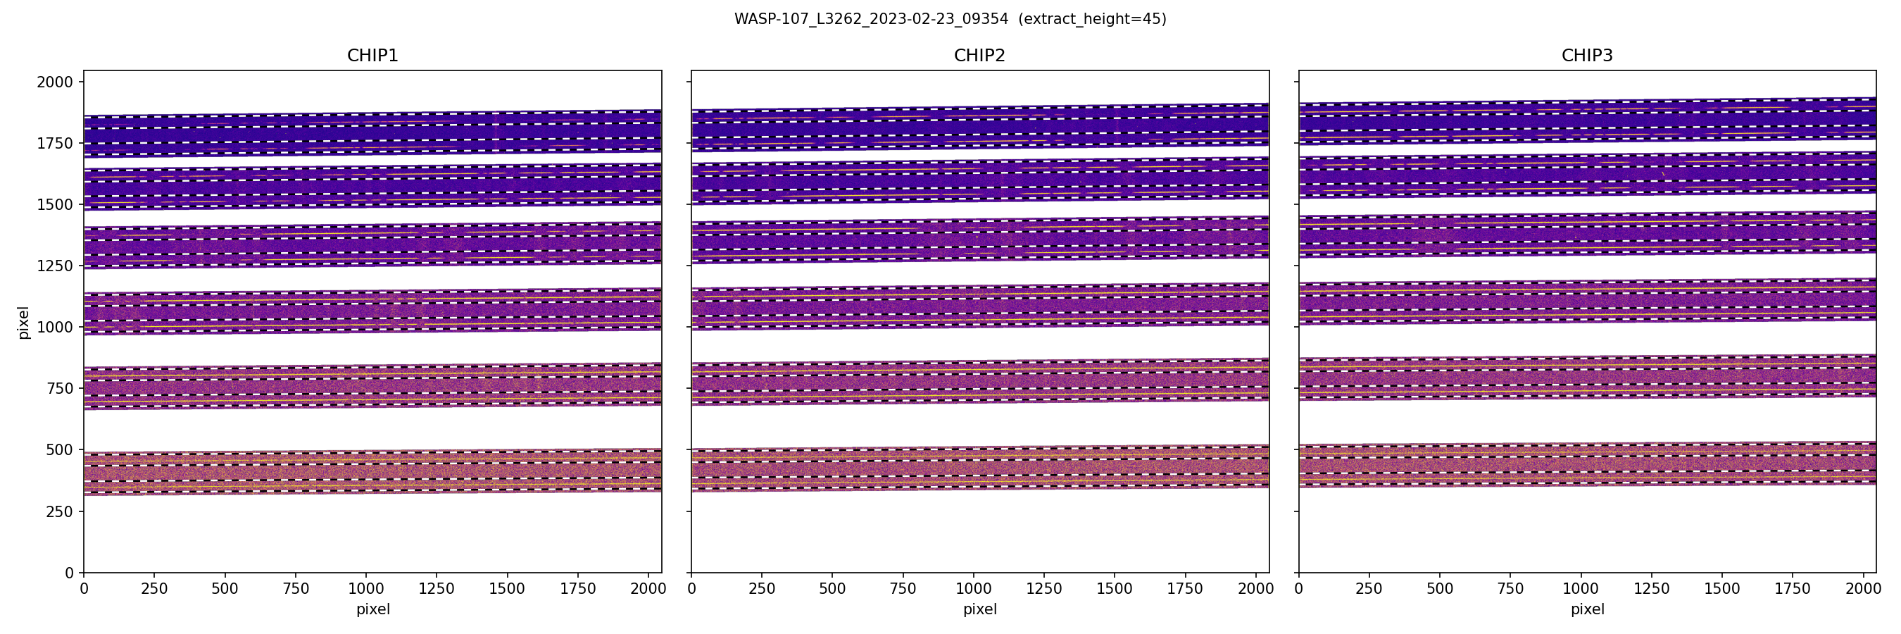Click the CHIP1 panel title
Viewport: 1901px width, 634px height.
pos(372,56)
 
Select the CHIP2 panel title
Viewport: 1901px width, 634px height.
pos(979,56)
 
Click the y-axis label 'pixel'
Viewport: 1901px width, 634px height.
pos(24,322)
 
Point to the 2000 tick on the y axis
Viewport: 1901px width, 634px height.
pos(56,82)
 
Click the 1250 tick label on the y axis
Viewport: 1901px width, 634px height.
pos(56,266)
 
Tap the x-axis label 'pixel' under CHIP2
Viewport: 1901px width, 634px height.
pos(979,609)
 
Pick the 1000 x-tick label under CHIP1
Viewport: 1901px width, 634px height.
pos(366,589)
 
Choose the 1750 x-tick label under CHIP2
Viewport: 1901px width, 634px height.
pos(1185,589)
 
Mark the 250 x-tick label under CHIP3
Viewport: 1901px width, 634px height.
pos(1369,589)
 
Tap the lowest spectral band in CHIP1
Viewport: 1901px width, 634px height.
pos(372,473)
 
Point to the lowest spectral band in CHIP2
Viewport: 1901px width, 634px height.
pos(979,468)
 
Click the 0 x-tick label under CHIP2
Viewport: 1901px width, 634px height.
pos(691,589)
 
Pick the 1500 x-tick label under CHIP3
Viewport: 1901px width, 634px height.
pos(1721,589)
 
